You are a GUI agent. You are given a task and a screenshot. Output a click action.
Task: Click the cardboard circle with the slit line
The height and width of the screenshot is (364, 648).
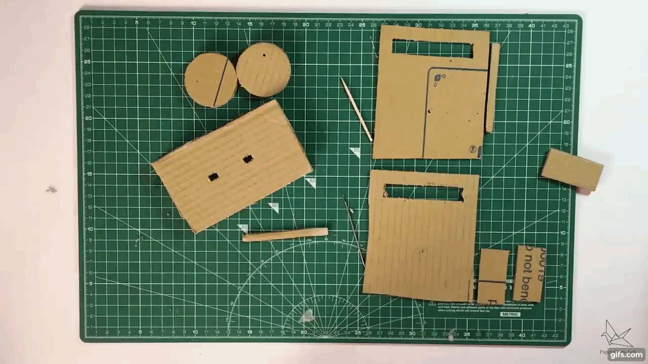click(x=210, y=81)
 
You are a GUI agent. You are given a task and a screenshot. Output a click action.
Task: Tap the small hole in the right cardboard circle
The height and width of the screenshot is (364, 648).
click(x=264, y=55)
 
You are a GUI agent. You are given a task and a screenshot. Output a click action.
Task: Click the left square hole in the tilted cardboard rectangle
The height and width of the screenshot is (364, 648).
click(x=213, y=176)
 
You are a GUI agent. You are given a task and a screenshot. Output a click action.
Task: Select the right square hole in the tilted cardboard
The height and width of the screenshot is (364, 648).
click(x=248, y=159)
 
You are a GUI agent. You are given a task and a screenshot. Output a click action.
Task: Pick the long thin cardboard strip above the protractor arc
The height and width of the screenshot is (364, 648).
click(x=285, y=235)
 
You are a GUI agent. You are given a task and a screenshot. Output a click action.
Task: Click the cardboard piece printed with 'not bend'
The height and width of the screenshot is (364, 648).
click(x=529, y=274)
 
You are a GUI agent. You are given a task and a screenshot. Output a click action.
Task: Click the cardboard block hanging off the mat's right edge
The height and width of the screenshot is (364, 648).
click(x=572, y=170)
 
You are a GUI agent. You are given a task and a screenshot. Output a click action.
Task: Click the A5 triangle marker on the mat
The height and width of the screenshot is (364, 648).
click(x=311, y=182)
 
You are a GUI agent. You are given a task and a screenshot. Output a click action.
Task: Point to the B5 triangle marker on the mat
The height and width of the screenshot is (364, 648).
click(x=355, y=152)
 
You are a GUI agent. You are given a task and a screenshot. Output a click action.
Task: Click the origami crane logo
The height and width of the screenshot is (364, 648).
click(x=616, y=334)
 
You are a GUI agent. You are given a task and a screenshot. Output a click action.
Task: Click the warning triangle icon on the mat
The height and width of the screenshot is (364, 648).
click(x=432, y=304)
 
